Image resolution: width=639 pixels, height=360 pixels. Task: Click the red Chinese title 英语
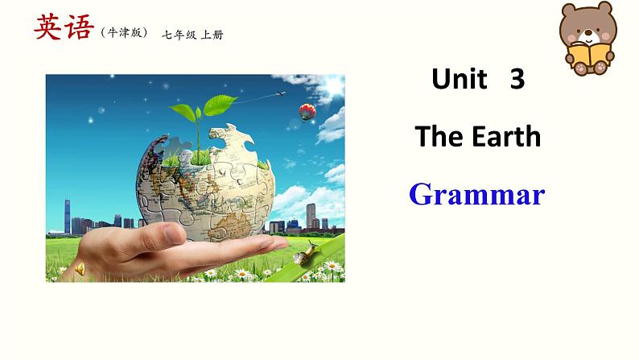click(x=64, y=27)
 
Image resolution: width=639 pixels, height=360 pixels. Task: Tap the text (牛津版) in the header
click(x=124, y=32)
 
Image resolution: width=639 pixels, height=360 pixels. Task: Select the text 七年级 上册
click(x=193, y=35)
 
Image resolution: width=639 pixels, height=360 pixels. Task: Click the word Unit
click(x=460, y=78)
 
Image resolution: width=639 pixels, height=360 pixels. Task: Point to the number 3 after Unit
click(x=517, y=79)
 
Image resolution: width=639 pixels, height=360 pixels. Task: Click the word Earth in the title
click(x=506, y=136)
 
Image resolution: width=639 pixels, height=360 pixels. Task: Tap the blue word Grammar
click(x=476, y=194)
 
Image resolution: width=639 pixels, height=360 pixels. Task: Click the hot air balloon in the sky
click(x=307, y=112)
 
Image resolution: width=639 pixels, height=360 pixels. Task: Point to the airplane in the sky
click(x=280, y=94)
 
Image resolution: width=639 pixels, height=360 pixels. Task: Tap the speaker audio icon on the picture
click(x=80, y=269)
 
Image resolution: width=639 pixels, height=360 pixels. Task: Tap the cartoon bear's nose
click(x=587, y=32)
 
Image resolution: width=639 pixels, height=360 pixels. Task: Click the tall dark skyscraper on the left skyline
click(x=68, y=217)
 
